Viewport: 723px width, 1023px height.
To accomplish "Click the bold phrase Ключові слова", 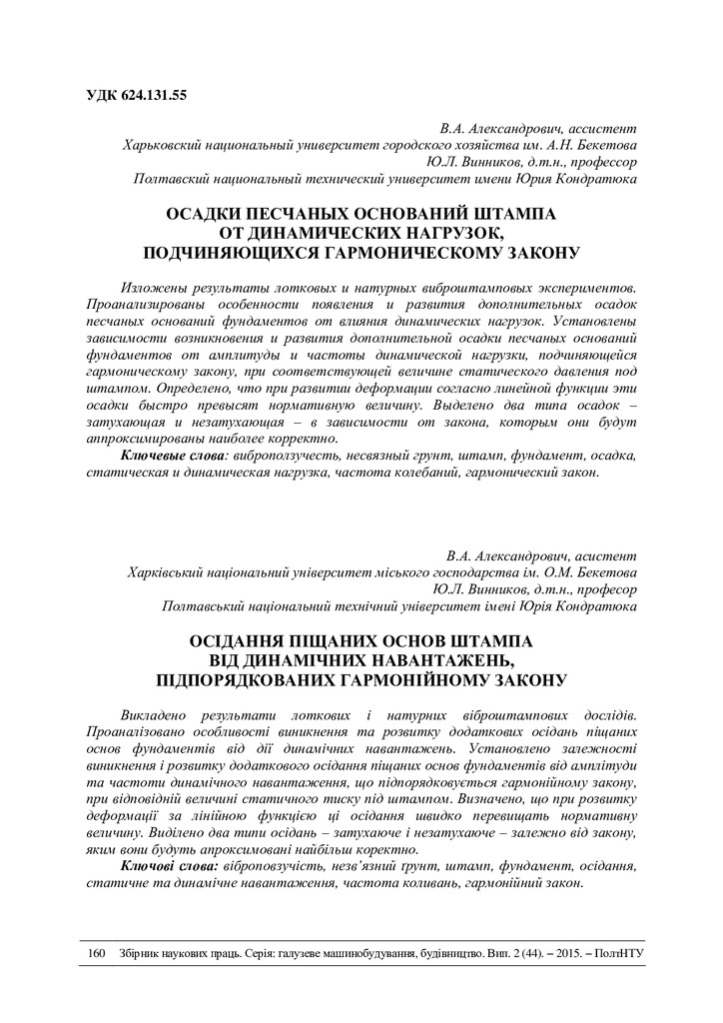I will click(x=167, y=867).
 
